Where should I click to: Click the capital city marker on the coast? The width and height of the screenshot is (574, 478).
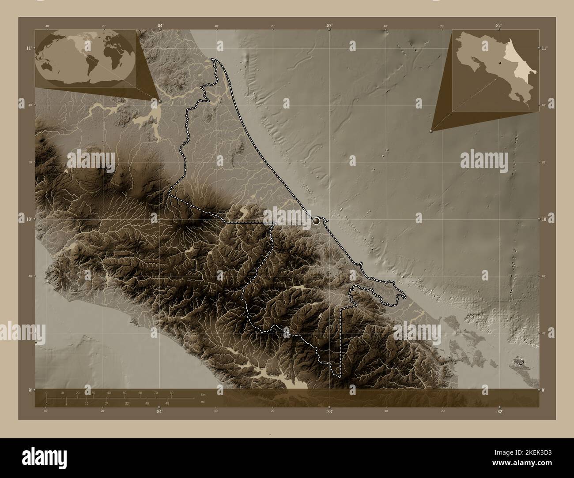(316, 221)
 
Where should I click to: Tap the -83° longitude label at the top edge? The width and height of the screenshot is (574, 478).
(329, 26)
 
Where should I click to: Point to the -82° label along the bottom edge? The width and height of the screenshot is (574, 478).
(499, 411)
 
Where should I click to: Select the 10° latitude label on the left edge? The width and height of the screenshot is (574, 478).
(29, 219)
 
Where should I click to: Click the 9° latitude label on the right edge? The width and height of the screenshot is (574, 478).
(544, 390)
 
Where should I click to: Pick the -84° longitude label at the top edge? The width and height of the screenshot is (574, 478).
(159, 26)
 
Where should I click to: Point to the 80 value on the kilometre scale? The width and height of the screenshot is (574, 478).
(171, 392)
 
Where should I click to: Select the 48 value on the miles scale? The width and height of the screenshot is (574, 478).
(167, 403)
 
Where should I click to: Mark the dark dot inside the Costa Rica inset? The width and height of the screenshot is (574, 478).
(500, 64)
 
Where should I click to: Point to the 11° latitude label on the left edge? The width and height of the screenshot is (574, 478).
(29, 48)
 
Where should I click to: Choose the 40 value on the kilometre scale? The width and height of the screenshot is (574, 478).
(109, 392)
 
